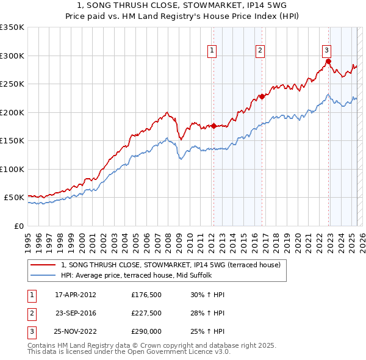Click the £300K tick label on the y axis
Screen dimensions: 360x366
[x=12, y=56]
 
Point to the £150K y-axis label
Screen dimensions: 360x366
[x=12, y=140]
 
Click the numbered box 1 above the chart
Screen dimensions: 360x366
[x=212, y=51]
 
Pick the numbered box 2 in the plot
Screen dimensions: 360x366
[x=260, y=51]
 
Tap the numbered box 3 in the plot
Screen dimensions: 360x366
[x=326, y=51]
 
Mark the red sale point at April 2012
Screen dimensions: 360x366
[x=213, y=126]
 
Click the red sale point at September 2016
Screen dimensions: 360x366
[x=262, y=96]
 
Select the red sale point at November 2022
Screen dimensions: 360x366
[x=328, y=61]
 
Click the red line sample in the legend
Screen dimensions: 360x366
[x=43, y=265]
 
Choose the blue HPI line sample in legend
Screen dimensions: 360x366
[x=43, y=275]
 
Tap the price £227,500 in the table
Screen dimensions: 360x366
[x=146, y=314]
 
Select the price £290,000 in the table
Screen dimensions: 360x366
[x=146, y=331]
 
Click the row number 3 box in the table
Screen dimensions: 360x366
[x=30, y=331]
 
